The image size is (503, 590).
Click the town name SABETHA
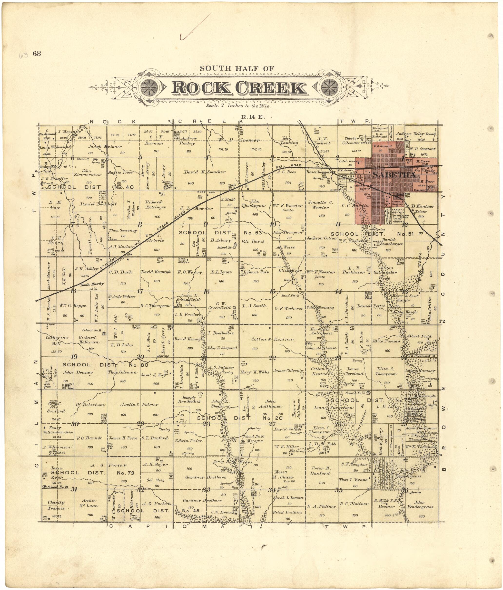pyautogui.click(x=394, y=175)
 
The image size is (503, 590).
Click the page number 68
pyautogui.click(x=37, y=54)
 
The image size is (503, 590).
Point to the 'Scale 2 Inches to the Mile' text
pyautogui.click(x=239, y=106)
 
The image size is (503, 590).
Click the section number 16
pyautogui.click(x=206, y=291)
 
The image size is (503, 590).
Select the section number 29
pyautogui.click(x=140, y=424)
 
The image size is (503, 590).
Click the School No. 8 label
pyautogui.click(x=91, y=330)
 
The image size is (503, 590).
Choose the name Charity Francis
pyautogui.click(x=56, y=505)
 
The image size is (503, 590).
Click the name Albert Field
pyautogui.click(x=419, y=336)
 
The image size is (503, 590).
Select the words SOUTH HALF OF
pyautogui.click(x=237, y=68)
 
